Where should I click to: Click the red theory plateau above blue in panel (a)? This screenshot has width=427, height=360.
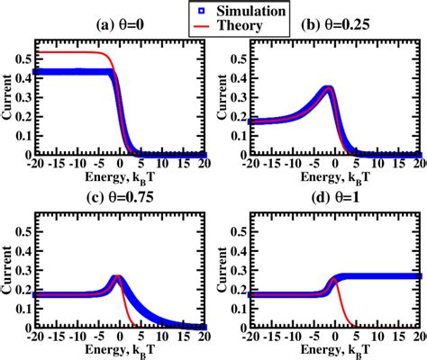click(72, 52)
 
